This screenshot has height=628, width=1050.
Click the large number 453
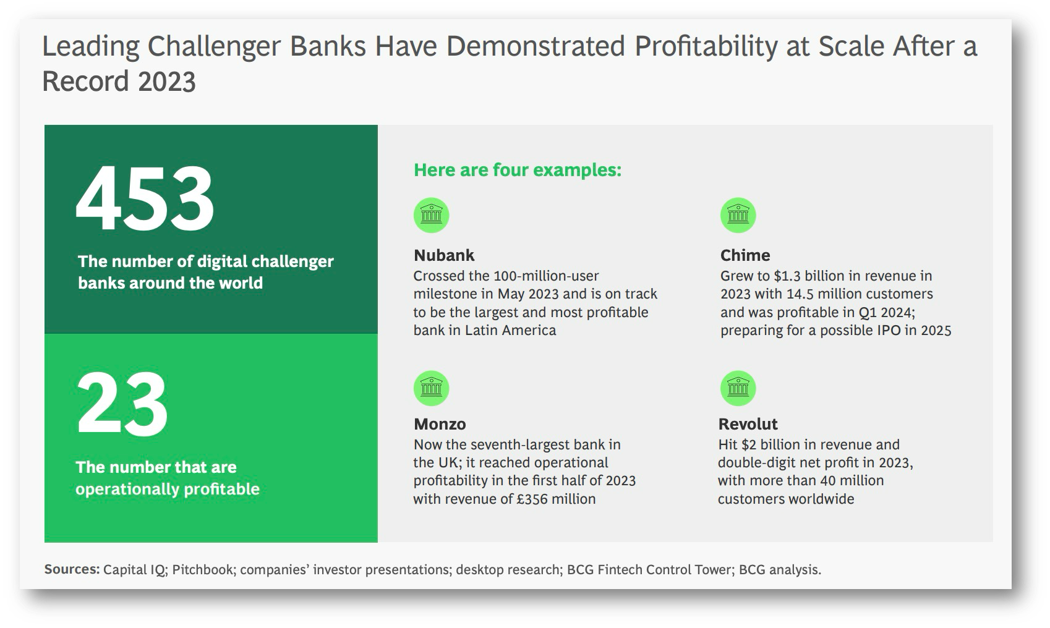145,198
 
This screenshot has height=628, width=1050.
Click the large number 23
121,404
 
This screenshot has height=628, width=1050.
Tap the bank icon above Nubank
431,215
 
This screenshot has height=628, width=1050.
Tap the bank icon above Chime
738,215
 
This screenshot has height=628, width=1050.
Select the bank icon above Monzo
431,389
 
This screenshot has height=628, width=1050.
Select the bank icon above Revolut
738,389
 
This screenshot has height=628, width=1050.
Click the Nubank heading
444,255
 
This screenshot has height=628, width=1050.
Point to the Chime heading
745,255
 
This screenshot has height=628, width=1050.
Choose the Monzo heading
440,424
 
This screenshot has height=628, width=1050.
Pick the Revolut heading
748,424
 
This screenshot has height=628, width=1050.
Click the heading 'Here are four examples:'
518,169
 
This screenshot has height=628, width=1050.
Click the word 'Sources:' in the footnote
72,569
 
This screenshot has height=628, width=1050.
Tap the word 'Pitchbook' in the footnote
202,569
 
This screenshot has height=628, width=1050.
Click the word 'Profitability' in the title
706,48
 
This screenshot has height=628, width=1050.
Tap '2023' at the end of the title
167,82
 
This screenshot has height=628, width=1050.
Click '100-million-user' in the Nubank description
546,276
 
